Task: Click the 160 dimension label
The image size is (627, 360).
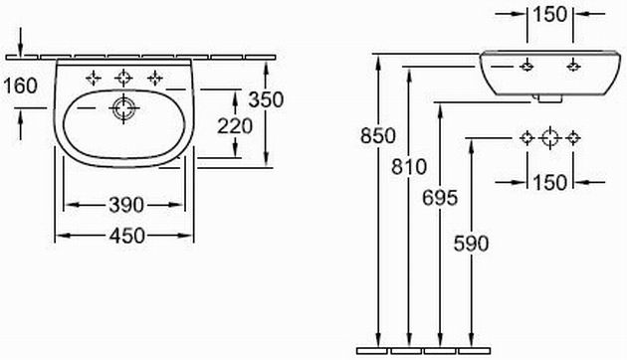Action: [20, 86]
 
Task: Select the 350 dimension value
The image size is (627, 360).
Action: [266, 99]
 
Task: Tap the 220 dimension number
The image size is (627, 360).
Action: [235, 126]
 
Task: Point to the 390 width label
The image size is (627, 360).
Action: [126, 205]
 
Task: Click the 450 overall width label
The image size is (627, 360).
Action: [127, 236]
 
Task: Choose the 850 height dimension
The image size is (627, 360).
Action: [378, 135]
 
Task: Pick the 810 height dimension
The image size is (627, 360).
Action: [409, 167]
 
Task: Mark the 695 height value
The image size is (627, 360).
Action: [440, 198]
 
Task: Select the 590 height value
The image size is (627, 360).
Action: [471, 244]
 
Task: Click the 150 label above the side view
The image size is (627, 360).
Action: [550, 15]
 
